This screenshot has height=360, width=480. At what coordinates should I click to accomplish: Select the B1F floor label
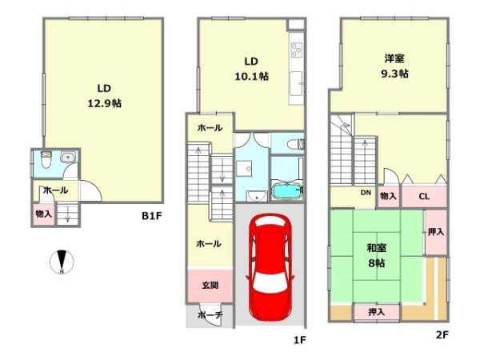[152, 215]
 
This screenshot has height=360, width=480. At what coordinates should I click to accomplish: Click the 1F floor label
[299, 339]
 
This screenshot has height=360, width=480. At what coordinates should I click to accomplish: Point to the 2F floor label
[442, 334]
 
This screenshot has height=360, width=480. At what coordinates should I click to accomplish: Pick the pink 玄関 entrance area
[210, 285]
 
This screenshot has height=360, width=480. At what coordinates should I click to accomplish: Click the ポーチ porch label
[211, 315]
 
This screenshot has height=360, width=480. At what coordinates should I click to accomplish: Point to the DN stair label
[365, 193]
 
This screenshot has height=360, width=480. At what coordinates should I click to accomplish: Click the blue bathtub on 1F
[286, 192]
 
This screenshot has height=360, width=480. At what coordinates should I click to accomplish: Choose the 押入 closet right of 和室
[436, 232]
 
